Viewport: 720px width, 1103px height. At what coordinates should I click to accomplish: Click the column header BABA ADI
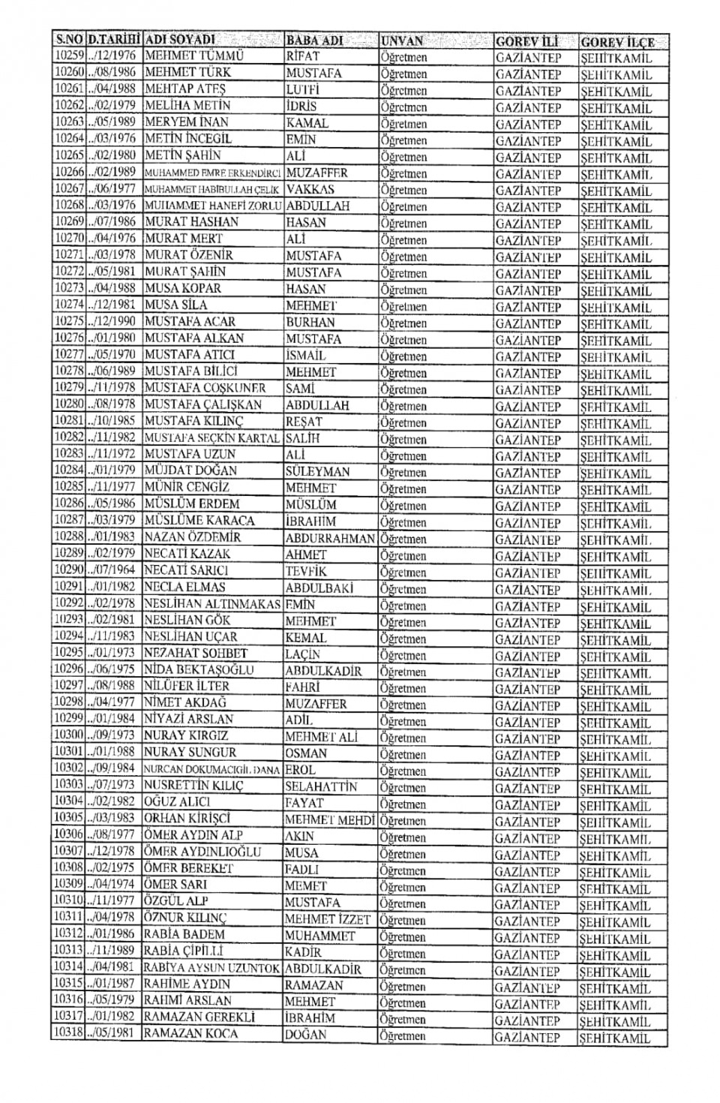pyautogui.click(x=314, y=40)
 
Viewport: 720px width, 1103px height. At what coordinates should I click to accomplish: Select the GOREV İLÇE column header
pyautogui.click(x=617, y=42)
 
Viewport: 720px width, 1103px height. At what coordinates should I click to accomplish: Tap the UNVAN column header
pyautogui.click(x=402, y=41)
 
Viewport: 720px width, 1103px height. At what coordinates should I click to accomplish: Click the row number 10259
pyautogui.click(x=68, y=56)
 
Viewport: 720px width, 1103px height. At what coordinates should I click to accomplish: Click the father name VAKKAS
pyautogui.click(x=310, y=189)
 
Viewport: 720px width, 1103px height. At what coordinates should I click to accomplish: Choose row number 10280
pyautogui.click(x=68, y=404)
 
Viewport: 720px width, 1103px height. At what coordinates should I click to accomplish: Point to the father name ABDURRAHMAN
pyautogui.click(x=330, y=538)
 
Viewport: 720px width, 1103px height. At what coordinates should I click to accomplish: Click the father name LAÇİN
pyautogui.click(x=302, y=654)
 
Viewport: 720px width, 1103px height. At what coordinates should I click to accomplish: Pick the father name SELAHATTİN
pyautogui.click(x=321, y=786)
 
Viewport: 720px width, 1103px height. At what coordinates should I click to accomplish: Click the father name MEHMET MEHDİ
pyautogui.click(x=329, y=820)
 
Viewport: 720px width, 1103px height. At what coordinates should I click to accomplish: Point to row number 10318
pyautogui.click(x=68, y=1033)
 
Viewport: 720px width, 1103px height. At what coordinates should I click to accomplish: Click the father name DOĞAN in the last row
pyautogui.click(x=305, y=1035)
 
